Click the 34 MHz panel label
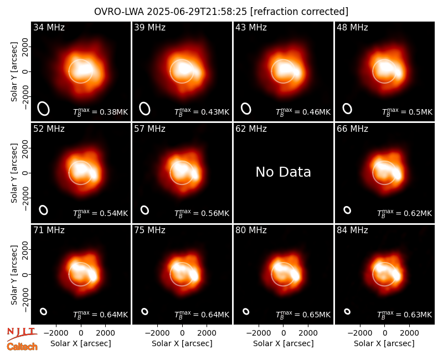coord(49,27)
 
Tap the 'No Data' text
coord(283,172)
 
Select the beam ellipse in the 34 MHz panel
coord(44,109)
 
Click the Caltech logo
coord(22,347)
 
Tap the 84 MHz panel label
coord(352,230)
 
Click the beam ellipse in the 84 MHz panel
coord(347,311)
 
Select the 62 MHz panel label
coord(251,129)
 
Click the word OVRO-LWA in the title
coord(119,12)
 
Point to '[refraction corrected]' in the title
coord(299,12)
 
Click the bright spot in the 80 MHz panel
coord(295,275)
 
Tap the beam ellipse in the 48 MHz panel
coord(347,109)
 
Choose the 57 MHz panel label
coord(150,129)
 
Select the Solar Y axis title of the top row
coord(14,72)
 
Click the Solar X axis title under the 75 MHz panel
coord(182,343)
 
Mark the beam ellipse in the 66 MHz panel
coord(347,210)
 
